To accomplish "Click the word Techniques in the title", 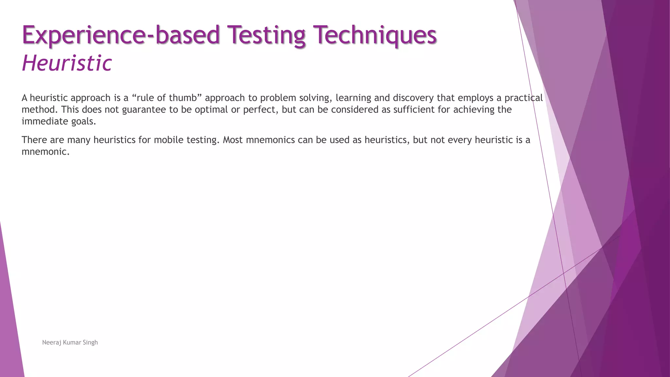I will click(x=375, y=35).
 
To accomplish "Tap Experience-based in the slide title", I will click(x=121, y=35).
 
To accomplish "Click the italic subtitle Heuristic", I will click(x=67, y=63).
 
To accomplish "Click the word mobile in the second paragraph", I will click(x=168, y=140).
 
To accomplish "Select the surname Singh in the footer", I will click(x=90, y=343).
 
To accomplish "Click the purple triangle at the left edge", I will click(x=10, y=327).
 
